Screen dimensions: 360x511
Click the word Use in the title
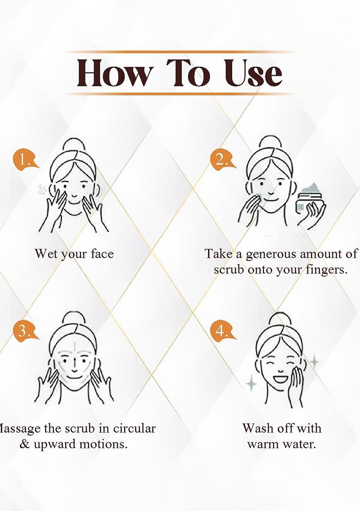[253, 74]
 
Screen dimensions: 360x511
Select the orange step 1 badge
[24, 160]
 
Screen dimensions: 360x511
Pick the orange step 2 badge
[222, 160]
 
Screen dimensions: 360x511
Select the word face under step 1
[102, 254]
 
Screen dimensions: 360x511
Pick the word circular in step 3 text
[134, 428]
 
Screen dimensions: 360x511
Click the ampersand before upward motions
[24, 444]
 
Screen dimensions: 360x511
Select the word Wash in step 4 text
[257, 428]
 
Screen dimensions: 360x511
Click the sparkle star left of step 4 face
[251, 383]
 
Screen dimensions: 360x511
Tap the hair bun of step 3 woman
[73, 318]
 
